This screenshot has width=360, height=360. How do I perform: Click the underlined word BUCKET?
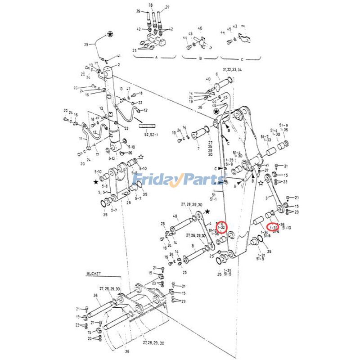click(94, 273)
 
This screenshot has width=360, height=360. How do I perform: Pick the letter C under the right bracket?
click(241, 59)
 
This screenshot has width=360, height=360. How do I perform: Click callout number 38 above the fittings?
click(151, 5)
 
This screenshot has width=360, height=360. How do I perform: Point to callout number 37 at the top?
click(167, 7)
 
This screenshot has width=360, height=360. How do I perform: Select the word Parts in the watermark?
click(202, 180)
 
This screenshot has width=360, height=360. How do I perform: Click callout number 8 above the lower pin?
click(193, 246)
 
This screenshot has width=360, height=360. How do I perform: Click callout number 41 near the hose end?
click(119, 56)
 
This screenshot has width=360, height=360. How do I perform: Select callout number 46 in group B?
click(200, 28)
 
